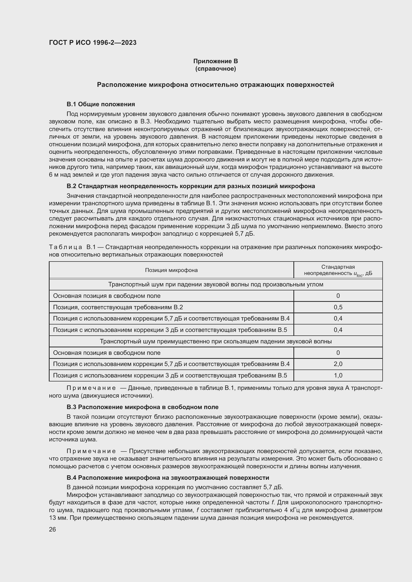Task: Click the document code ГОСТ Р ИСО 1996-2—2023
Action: click(93, 43)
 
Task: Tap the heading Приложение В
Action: click(215, 61)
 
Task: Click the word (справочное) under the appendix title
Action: click(215, 69)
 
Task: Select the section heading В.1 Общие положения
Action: click(101, 104)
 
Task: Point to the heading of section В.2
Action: click(191, 186)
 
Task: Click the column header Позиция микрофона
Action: click(171, 270)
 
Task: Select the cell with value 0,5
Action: click(338, 307)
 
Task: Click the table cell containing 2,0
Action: click(338, 364)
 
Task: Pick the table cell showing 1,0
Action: click(338, 375)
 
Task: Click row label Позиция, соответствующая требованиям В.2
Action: click(118, 307)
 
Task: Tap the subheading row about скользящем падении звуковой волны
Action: click(216, 341)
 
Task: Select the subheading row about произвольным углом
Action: click(216, 284)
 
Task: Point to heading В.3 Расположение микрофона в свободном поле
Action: click(142, 407)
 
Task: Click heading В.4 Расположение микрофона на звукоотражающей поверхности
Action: click(168, 477)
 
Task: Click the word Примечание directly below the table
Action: click(91, 388)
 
